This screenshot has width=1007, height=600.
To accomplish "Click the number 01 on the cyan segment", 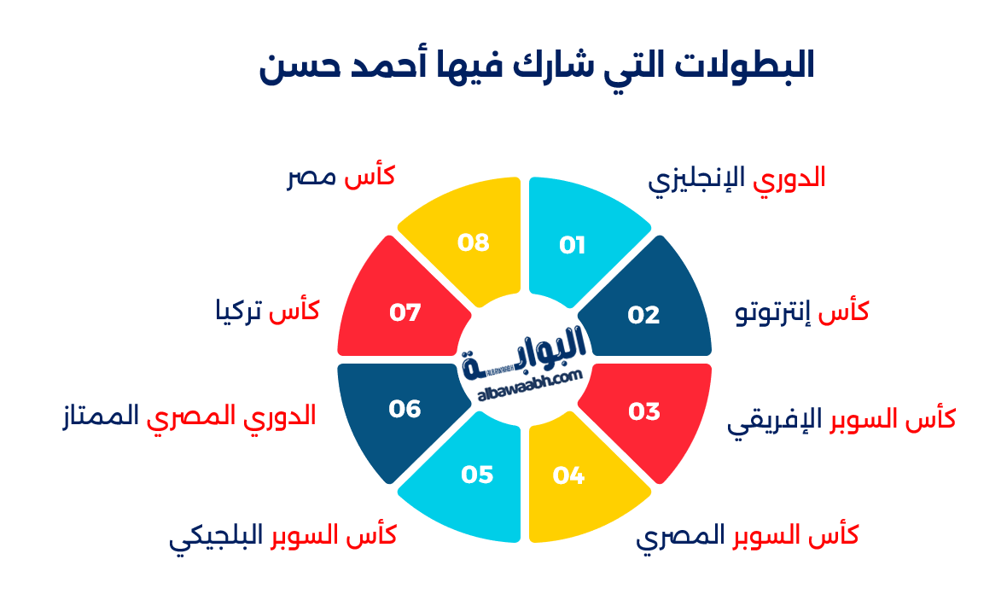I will pos(573,246).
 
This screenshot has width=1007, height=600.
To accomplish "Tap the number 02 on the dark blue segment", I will pos(644,315).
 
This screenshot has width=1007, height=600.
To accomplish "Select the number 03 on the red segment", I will pos(644,411).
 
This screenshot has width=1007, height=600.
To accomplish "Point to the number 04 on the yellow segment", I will pos(568,475).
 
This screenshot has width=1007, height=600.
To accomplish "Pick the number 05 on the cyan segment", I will pos(477,474).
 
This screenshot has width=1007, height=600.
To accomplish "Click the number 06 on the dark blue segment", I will pos(405,410).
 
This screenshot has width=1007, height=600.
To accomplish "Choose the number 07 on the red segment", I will pos(405,313).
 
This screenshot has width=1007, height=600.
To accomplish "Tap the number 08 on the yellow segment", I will pos(474,242).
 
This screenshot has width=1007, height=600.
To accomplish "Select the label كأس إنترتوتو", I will pos(802,312).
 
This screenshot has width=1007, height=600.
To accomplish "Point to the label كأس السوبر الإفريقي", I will pos(841,419).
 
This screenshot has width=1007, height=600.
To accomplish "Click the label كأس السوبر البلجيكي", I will pos(282,537).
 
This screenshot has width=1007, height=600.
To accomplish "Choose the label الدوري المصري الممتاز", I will pos(189,417).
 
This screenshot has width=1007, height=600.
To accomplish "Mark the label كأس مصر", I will pos(341,178).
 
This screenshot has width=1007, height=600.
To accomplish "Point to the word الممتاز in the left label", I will pos(100,417).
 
